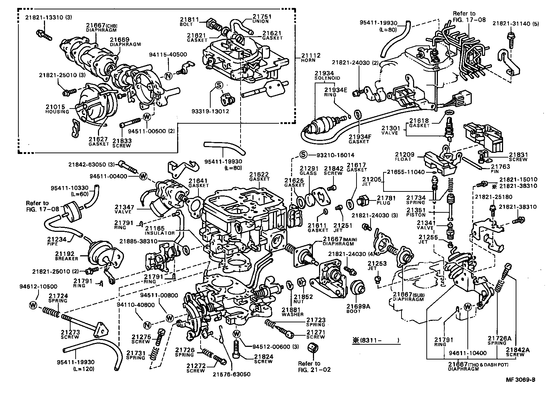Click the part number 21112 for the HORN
[x=311, y=56]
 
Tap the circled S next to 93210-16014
[x=303, y=155]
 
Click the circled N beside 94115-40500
[x=168, y=76]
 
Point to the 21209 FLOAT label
[x=404, y=157]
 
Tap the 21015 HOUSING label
[x=57, y=109]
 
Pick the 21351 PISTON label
[x=416, y=212]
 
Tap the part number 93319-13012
[x=215, y=111]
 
